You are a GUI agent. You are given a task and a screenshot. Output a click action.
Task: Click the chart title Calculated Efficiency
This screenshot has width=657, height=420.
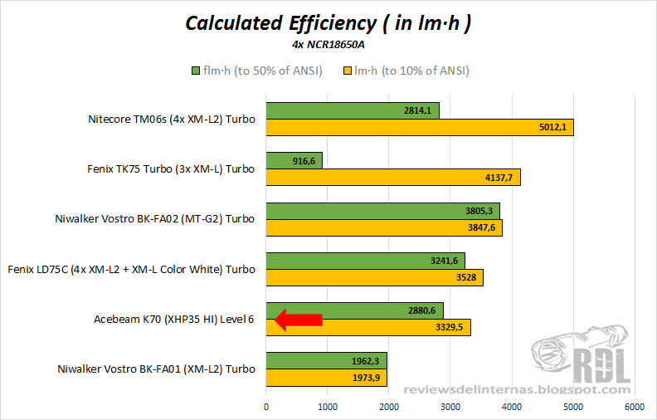(x=328, y=22)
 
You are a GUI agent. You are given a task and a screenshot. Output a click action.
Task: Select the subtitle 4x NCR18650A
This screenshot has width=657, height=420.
(x=328, y=44)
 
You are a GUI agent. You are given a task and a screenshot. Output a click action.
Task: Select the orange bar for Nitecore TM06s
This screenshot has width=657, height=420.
(x=419, y=127)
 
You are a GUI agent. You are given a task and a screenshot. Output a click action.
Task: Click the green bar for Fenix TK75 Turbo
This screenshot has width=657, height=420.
(x=294, y=160)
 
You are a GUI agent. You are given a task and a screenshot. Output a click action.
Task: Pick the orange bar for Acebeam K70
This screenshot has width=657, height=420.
(x=368, y=328)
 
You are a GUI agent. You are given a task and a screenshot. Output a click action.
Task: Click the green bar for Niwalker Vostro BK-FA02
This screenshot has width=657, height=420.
(x=382, y=210)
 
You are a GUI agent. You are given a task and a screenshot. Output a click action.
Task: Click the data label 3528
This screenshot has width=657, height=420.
(x=465, y=278)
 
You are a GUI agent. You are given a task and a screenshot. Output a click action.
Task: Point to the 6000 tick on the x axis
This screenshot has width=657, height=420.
(x=635, y=407)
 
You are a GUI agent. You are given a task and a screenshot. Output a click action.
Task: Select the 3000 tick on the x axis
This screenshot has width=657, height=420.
(x=450, y=407)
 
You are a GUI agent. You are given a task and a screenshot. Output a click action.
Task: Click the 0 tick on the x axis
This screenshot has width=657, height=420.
(x=266, y=407)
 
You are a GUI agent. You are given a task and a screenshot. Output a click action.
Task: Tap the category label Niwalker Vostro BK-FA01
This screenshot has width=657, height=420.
(x=156, y=369)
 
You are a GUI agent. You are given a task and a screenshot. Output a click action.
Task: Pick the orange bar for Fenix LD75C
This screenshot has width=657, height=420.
(x=374, y=278)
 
